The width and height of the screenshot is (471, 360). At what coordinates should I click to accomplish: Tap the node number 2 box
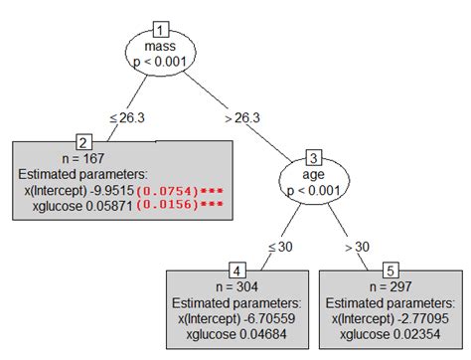pos(84,142)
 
